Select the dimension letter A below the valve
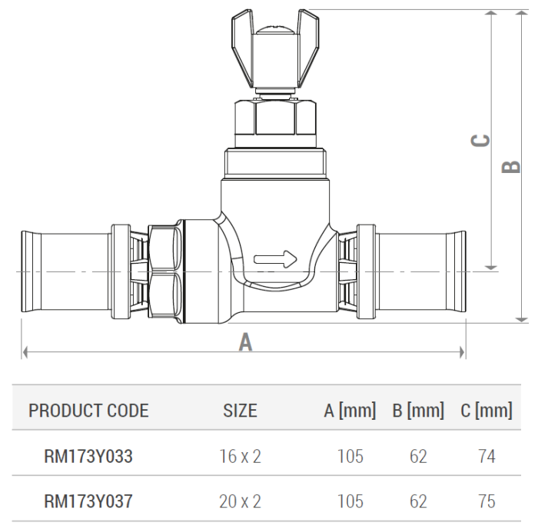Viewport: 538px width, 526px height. pos(245,341)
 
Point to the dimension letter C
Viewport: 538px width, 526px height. pos(480,140)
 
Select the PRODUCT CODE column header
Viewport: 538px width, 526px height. pos(88,411)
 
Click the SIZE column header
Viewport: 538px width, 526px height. pos(240,411)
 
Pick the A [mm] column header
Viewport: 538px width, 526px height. pos(350,411)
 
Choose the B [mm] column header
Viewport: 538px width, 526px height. pos(418,411)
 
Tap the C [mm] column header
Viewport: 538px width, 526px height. pos(486,411)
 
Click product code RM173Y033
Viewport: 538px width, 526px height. pos(88,457)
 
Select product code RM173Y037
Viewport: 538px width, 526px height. pos(88,501)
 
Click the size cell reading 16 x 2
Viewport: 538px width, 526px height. pos(240,457)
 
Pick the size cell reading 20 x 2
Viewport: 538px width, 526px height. pos(240,501)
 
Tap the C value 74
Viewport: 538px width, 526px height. pos(486,457)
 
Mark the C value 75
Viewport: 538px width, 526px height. pos(486,501)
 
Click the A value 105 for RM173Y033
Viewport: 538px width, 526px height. pos(350,457)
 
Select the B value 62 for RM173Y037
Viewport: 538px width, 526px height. pos(418,501)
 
